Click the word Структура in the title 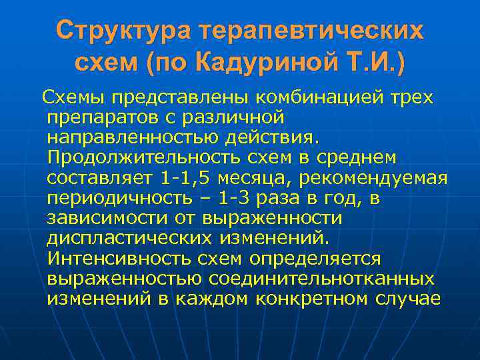tap(114, 30)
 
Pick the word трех tap(409, 98)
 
